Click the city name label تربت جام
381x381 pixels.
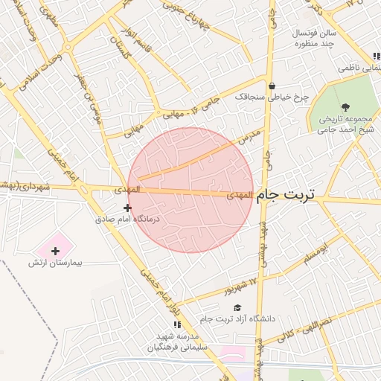click(x=286, y=195)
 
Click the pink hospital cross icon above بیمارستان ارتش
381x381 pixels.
click(x=55, y=250)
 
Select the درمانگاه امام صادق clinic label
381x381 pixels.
click(x=128, y=220)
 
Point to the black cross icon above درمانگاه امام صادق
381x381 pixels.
click(x=128, y=208)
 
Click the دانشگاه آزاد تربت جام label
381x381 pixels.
click(x=237, y=318)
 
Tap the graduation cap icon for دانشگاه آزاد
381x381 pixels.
click(x=237, y=307)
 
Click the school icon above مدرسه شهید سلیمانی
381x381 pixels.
click(x=177, y=325)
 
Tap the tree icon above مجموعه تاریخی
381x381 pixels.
click(x=345, y=107)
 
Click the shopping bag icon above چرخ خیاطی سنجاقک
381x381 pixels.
click(x=272, y=85)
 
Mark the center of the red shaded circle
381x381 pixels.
click(x=190, y=190)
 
